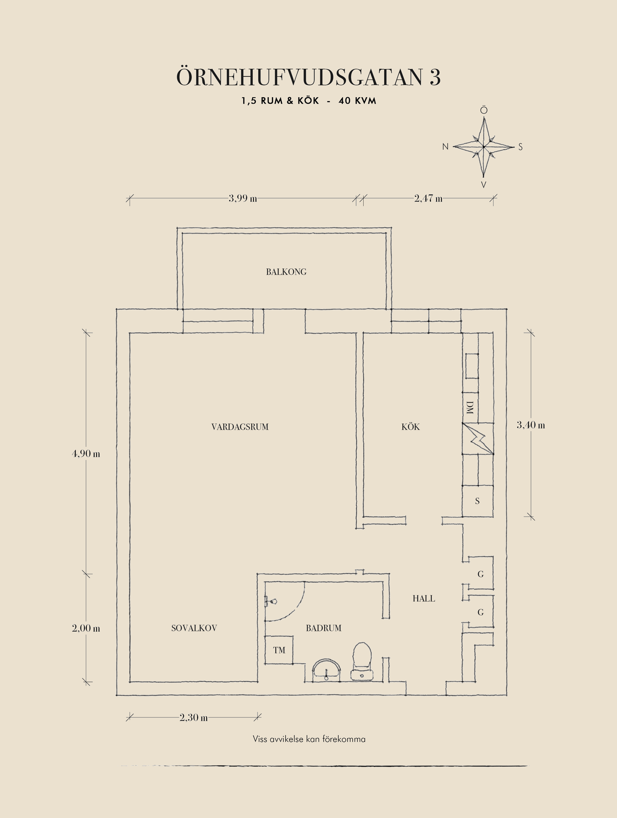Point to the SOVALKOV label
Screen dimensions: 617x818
pos(194,628)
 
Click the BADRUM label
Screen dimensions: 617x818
pos(323,628)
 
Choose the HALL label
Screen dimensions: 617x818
pos(424,598)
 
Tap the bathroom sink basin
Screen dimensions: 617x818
pos(326,670)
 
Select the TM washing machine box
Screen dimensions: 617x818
pos(279,650)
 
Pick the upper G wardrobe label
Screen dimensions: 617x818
pos(481,574)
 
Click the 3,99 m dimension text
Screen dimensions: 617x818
pos(243,198)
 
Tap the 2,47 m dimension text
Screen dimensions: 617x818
pos(428,198)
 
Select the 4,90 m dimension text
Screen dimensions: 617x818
pos(86,453)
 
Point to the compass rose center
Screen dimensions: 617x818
pos(484,147)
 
